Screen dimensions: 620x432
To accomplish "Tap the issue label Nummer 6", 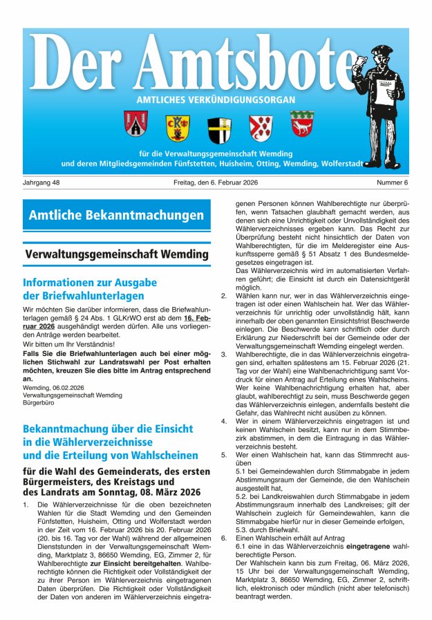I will pyautogui.click(x=393, y=182).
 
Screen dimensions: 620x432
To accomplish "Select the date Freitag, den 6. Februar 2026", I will pyautogui.click(x=216, y=182).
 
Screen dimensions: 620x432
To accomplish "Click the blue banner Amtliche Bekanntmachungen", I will pyautogui.click(x=116, y=216).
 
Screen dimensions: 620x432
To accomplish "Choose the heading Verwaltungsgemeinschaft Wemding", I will pyautogui.click(x=116, y=254).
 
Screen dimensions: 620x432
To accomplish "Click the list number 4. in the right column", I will pyautogui.click(x=224, y=420).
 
